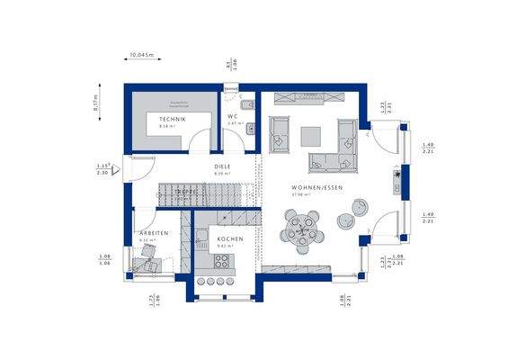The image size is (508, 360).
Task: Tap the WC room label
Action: coord(231,116)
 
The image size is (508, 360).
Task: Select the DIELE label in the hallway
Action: coord(222,166)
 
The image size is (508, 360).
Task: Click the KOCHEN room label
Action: coord(229,238)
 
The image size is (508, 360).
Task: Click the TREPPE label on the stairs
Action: coord(186,192)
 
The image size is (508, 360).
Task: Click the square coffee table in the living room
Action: coord(310,135)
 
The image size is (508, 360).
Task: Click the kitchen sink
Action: coord(201,237)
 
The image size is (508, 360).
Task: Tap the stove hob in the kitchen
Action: coord(221,260)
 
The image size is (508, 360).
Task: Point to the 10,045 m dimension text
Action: coord(142,56)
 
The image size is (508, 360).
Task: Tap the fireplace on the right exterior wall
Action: coord(393,179)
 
